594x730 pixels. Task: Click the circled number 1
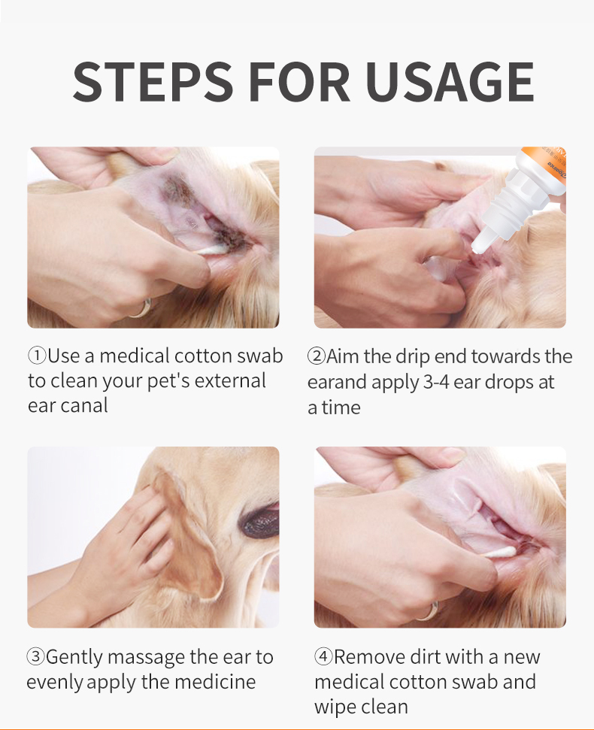tap(36, 356)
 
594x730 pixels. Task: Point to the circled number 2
tap(316, 356)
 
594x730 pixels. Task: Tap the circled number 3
tap(35, 657)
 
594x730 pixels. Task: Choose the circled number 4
tap(323, 657)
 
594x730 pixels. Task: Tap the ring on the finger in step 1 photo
tap(141, 307)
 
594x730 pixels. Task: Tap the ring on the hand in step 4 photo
tap(427, 610)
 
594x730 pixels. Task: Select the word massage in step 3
tap(145, 657)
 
